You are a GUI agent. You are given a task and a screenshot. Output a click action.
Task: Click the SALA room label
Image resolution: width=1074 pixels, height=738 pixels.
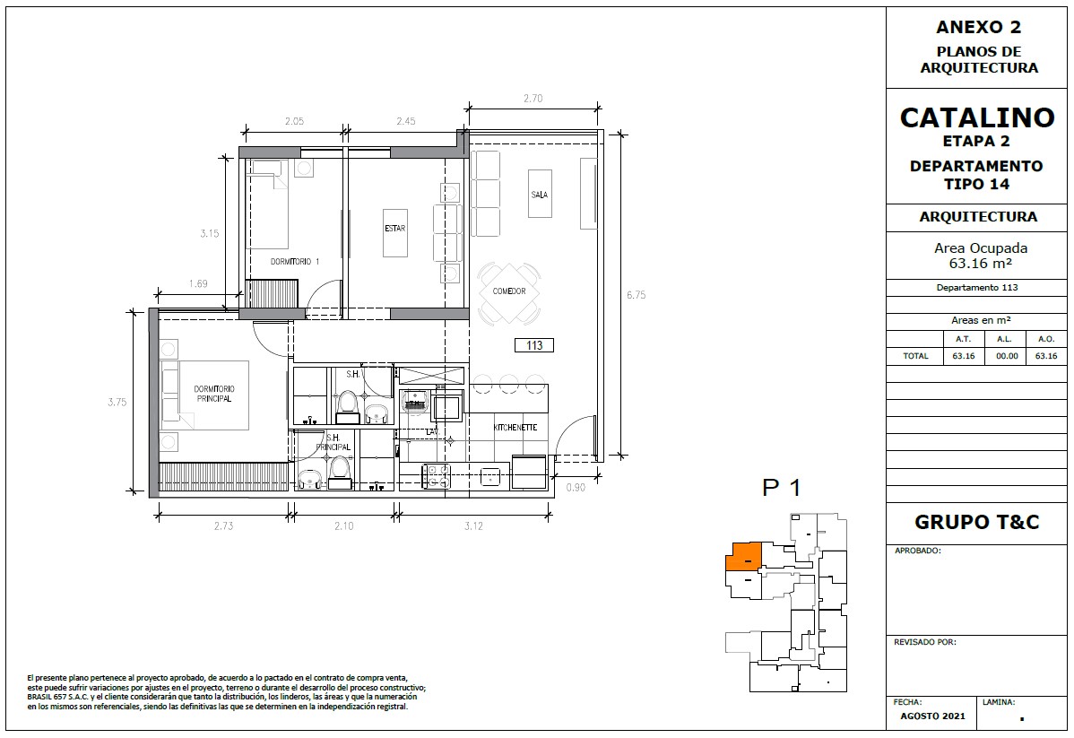click(x=540, y=195)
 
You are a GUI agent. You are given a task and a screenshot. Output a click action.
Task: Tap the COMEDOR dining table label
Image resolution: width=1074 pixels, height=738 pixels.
click(x=509, y=291)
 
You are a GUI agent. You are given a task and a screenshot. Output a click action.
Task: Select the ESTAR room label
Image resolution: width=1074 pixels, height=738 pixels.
click(x=395, y=228)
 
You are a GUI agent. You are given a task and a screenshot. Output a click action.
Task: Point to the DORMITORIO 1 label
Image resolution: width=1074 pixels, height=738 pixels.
click(x=295, y=261)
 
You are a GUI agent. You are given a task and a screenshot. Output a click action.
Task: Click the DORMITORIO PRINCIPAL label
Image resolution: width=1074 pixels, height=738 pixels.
click(x=214, y=394)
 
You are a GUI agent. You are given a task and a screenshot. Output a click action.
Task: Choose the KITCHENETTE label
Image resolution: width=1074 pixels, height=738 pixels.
click(x=515, y=428)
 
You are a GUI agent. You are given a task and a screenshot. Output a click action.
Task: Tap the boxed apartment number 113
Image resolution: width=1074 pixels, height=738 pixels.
click(x=534, y=345)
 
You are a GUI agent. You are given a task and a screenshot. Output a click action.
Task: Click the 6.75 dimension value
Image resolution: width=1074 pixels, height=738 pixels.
click(x=637, y=295)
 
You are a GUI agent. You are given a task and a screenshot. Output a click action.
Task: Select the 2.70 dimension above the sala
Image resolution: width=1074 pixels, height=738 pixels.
click(x=533, y=98)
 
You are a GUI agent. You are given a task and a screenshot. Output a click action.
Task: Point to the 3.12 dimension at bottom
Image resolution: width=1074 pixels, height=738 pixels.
click(x=473, y=525)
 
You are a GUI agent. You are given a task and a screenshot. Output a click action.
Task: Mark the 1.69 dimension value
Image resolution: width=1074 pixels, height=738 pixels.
click(x=198, y=283)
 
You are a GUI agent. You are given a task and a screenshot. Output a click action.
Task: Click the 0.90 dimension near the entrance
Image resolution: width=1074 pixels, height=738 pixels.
click(x=576, y=487)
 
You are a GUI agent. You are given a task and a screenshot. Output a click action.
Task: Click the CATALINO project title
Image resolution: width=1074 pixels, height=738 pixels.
click(x=977, y=117)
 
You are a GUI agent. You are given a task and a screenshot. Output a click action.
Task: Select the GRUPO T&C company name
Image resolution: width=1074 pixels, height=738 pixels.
click(x=977, y=522)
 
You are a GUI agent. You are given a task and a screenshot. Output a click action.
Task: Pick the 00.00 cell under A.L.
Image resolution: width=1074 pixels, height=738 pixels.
click(x=1006, y=356)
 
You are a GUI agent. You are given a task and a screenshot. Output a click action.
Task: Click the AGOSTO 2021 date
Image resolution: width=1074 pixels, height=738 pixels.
click(x=932, y=716)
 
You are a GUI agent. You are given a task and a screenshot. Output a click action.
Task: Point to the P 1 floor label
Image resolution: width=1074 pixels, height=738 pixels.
click(x=782, y=488)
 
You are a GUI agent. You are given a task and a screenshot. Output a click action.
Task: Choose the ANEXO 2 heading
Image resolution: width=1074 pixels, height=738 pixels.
click(x=978, y=28)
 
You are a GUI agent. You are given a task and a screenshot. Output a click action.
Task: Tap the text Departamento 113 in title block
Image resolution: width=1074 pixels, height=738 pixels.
click(x=977, y=288)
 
